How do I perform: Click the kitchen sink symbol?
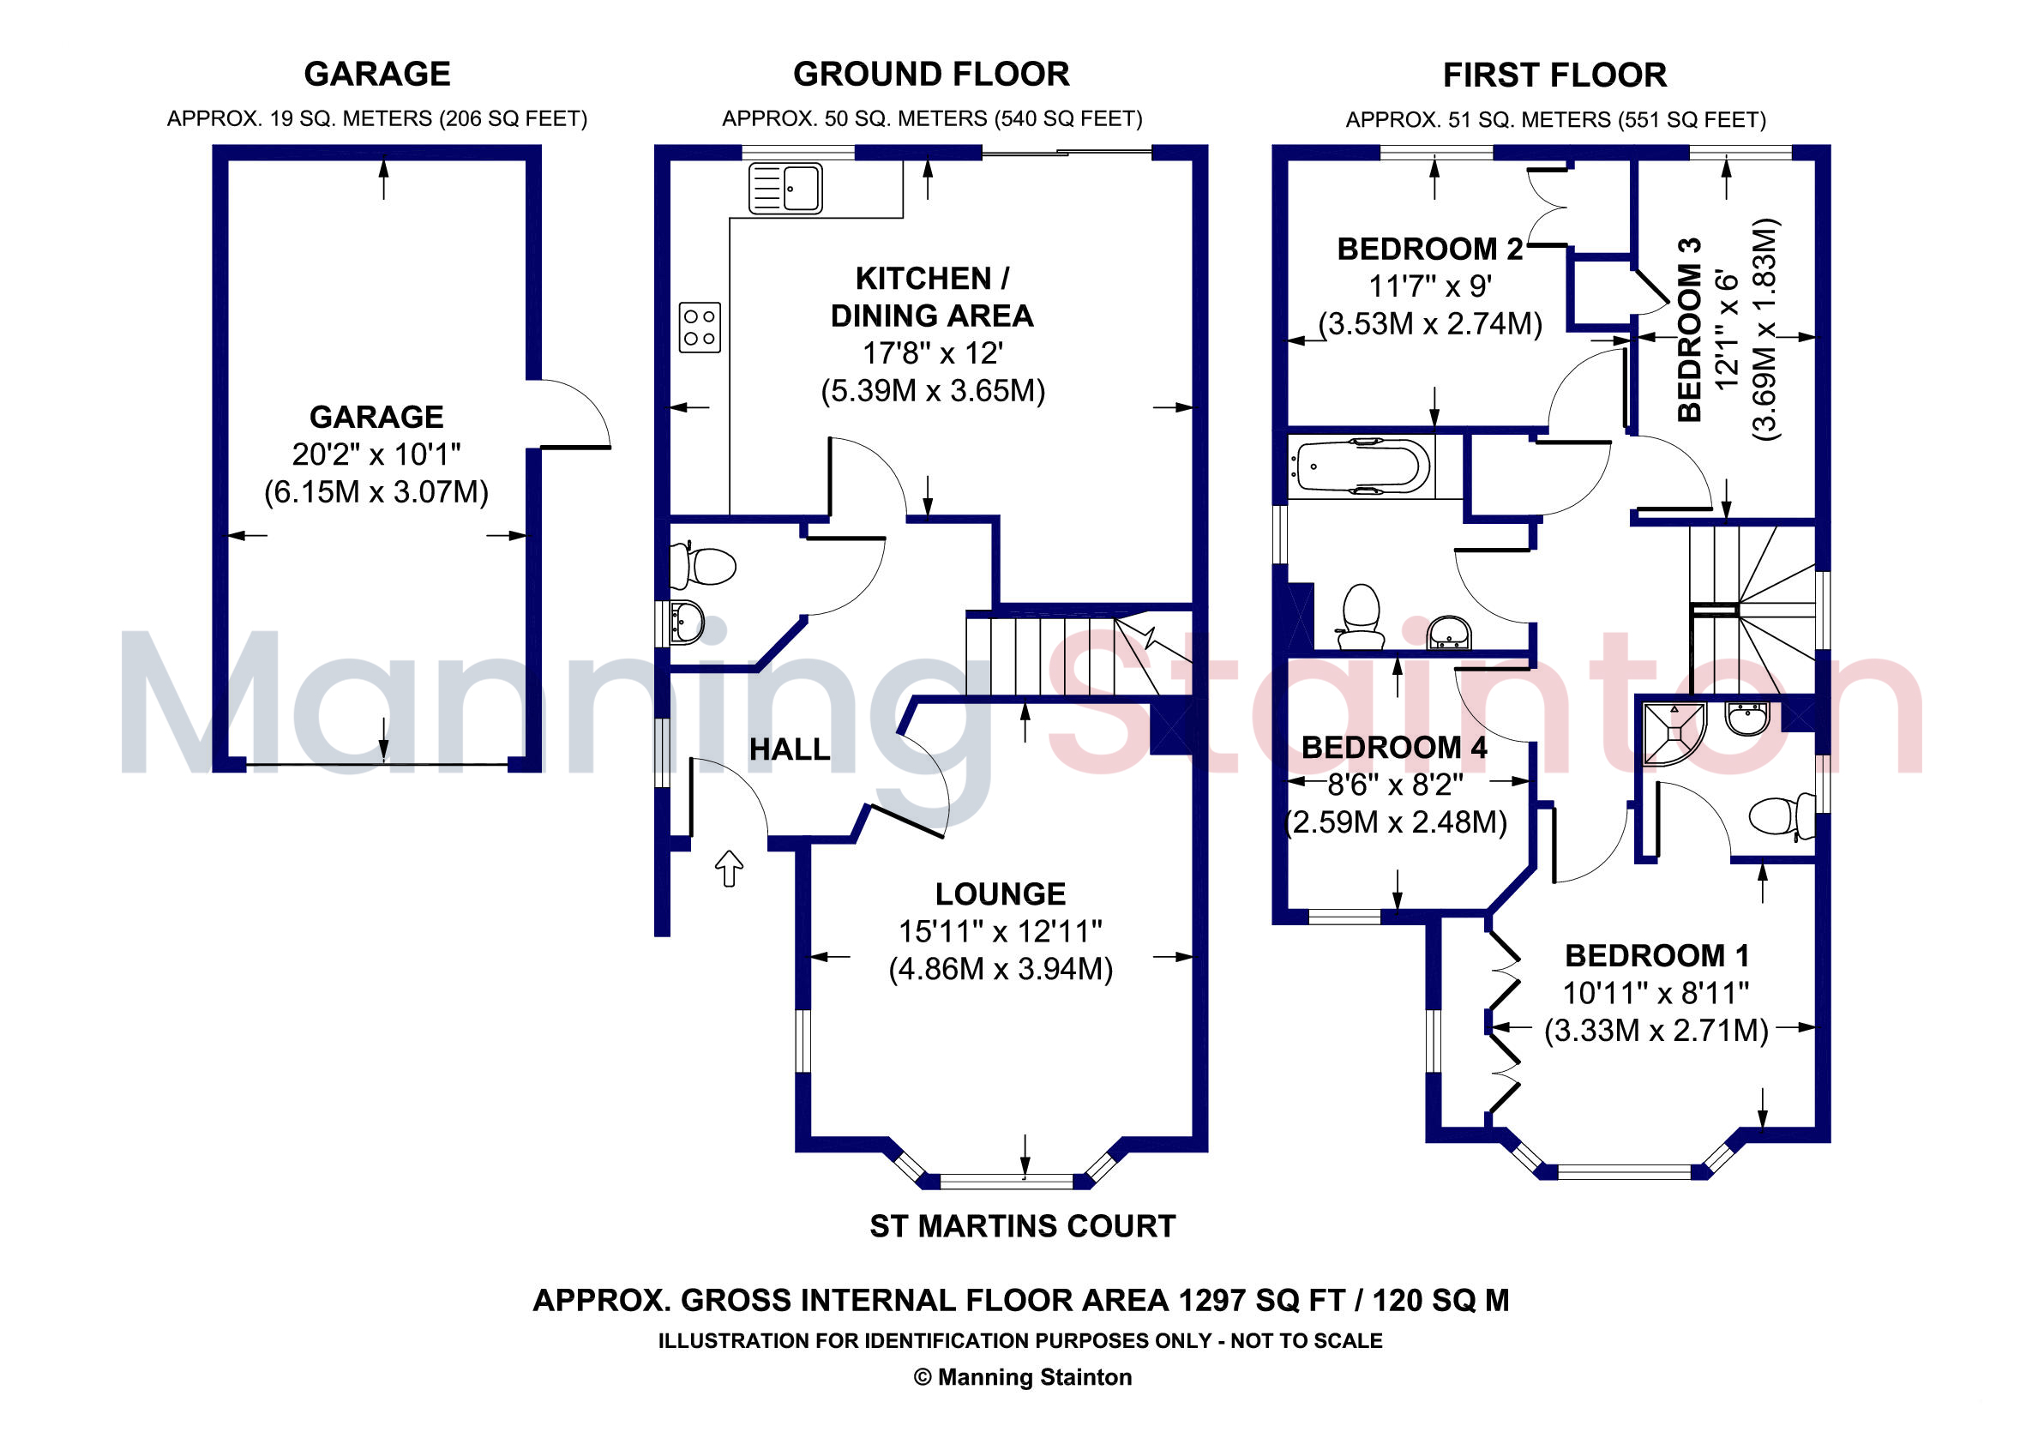tap(785, 189)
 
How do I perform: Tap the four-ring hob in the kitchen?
tap(699, 328)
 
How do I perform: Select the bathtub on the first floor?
tap(1362, 466)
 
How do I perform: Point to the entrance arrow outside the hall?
tap(729, 867)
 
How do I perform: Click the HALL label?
tap(790, 749)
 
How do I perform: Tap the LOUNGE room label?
tap(1000, 893)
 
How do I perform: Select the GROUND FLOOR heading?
tap(931, 74)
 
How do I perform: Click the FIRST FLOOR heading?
tap(1554, 75)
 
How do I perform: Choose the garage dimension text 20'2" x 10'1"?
tap(376, 455)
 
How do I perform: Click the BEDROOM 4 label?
tap(1394, 748)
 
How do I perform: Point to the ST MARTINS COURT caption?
tap(1022, 1227)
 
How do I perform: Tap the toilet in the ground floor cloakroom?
tap(706, 565)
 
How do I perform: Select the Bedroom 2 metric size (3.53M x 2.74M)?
tap(1430, 324)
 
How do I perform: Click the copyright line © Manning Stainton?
tap(1022, 1377)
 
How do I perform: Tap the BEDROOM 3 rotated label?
tap(1689, 329)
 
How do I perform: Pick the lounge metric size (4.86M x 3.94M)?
tap(1001, 969)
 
